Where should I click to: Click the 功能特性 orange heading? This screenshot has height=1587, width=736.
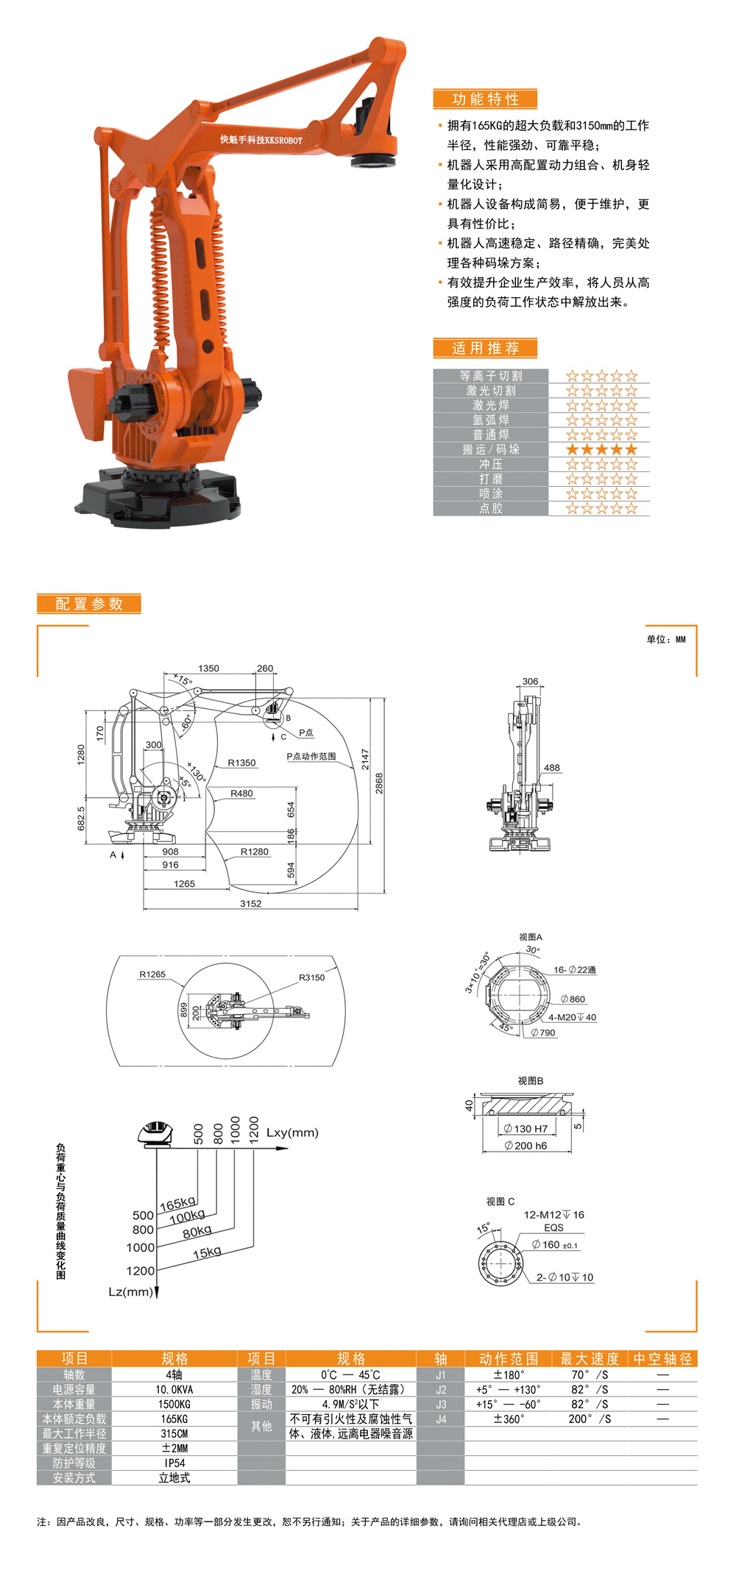485,99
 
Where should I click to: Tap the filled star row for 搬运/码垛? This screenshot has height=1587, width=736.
601,449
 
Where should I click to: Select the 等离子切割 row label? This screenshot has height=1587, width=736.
491,376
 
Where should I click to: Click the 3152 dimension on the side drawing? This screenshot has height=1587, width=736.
250,904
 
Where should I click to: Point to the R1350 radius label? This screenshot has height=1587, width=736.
241,763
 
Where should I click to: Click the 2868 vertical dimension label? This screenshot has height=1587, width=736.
379,782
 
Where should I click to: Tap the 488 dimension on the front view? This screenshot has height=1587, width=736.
552,768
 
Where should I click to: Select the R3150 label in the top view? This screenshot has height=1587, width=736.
311,977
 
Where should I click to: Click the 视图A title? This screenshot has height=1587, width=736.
530,937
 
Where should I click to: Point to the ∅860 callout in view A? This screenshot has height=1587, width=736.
573,999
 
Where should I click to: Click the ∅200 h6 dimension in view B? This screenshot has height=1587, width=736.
526,1146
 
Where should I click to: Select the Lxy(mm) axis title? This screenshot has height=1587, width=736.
292,1133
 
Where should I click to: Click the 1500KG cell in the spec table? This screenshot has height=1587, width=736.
174,1404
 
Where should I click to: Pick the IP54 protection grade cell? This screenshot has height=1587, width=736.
174,1463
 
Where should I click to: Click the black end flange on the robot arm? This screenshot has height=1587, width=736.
374,160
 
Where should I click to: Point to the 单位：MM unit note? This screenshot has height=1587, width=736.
665,639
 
